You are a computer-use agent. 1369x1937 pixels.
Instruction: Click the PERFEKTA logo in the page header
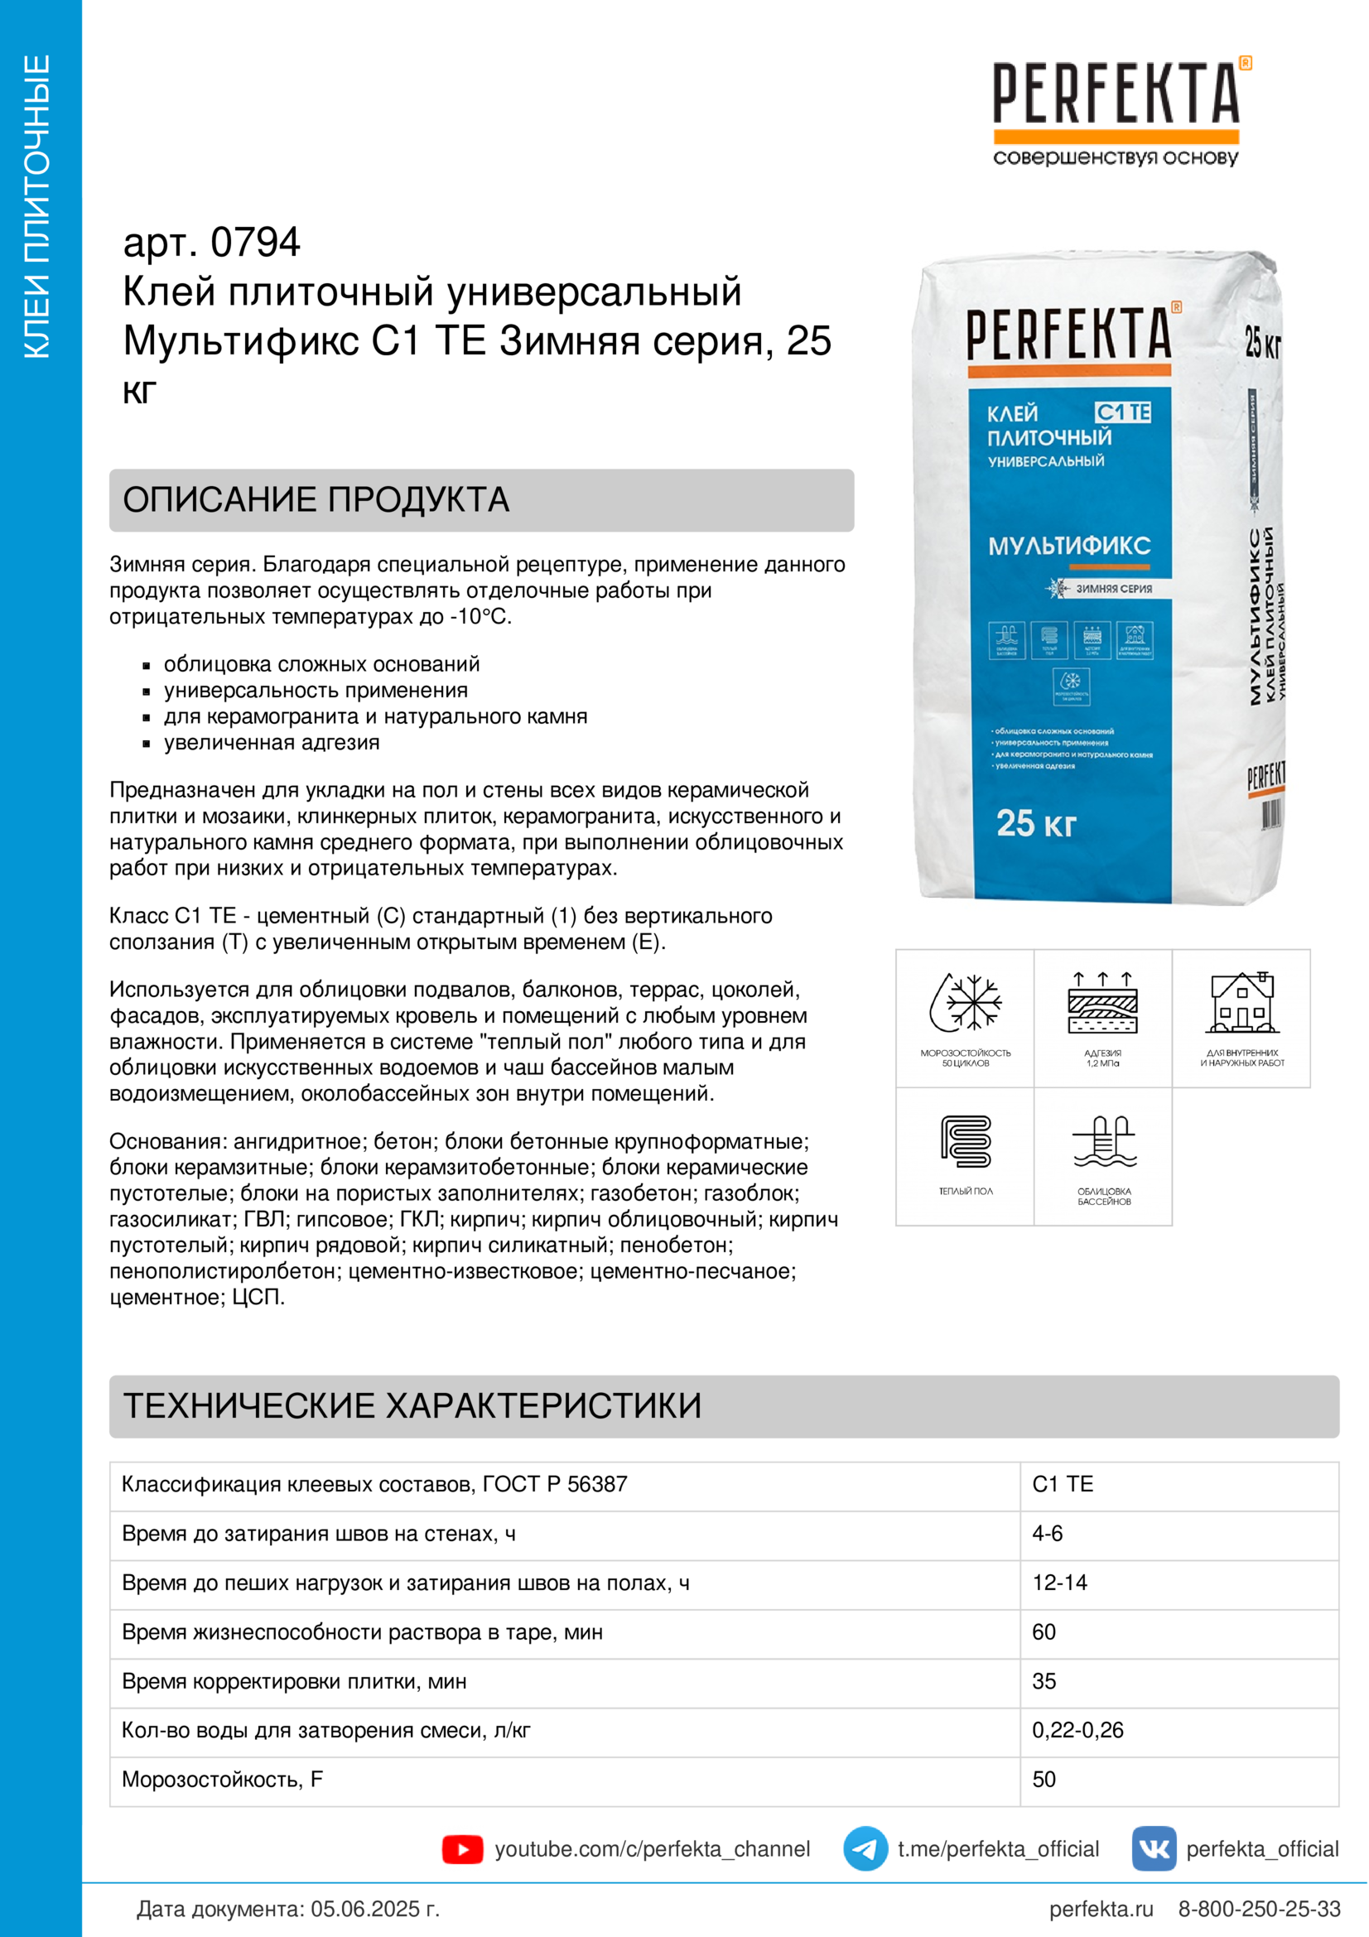click(1116, 109)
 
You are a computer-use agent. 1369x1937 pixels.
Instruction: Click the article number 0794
click(255, 243)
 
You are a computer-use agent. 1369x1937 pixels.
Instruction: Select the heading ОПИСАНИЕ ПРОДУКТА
click(316, 499)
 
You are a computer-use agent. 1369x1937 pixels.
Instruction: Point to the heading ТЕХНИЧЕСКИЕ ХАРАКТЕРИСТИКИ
click(412, 1405)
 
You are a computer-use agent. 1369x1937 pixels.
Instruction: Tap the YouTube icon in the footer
click(462, 1849)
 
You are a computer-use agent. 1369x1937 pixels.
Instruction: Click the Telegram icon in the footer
click(865, 1848)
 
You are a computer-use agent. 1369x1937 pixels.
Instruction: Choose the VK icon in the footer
click(1153, 1848)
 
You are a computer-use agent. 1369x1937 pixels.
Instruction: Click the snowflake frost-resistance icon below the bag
click(966, 1003)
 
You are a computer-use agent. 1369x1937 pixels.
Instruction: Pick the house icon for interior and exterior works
click(1241, 1003)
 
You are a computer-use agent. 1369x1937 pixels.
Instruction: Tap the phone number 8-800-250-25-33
click(1259, 1908)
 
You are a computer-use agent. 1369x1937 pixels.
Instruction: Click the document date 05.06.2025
click(374, 1908)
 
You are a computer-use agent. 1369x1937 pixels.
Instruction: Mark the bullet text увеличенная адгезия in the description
click(272, 742)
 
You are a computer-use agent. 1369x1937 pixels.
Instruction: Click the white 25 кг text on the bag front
click(1036, 823)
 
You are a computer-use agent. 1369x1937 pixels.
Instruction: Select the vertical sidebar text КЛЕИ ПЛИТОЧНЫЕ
click(38, 207)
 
